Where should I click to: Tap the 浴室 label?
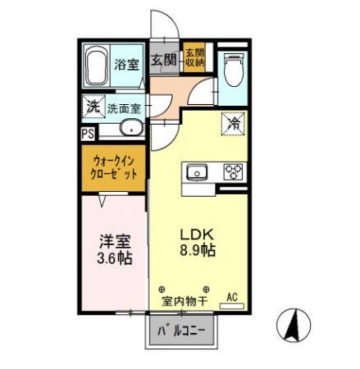click(126, 65)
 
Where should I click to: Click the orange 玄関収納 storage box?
click(194, 58)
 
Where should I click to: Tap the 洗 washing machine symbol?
click(93, 106)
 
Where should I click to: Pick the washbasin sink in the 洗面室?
click(130, 129)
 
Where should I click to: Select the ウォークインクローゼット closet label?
click(114, 168)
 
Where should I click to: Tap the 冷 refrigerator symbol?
click(234, 124)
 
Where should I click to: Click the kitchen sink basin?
click(197, 172)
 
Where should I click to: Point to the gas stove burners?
click(234, 172)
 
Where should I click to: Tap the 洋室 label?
click(114, 241)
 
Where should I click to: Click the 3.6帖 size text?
click(114, 259)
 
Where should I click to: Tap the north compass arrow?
click(291, 329)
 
